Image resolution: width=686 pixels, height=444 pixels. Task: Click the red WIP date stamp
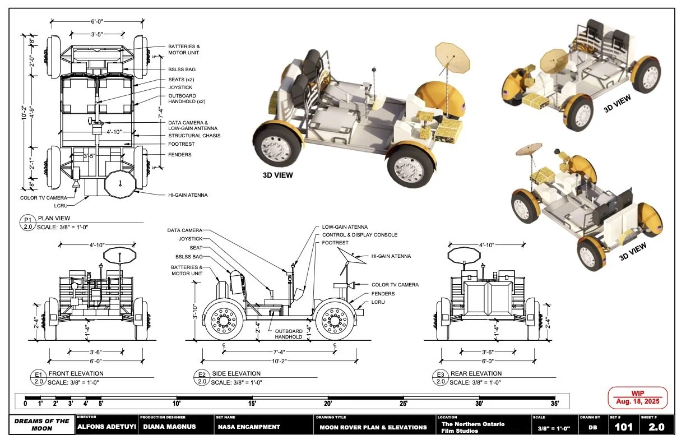tap(637, 397)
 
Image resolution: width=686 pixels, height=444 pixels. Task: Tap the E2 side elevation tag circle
tap(201, 377)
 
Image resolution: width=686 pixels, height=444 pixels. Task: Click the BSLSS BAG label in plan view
tap(182, 70)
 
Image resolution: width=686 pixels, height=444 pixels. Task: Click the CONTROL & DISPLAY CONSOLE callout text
tap(359, 235)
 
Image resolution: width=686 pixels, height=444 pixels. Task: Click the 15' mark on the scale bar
tap(252, 403)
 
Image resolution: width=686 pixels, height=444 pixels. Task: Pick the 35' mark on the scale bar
tap(554, 403)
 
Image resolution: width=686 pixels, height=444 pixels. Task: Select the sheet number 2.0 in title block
tap(656, 427)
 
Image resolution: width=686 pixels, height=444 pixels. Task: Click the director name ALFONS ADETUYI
tap(106, 427)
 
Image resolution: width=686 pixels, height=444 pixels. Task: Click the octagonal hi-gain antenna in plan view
tap(121, 181)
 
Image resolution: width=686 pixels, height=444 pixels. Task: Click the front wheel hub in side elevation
tap(336, 321)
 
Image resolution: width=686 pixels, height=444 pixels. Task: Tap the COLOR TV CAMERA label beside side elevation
tap(395, 285)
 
